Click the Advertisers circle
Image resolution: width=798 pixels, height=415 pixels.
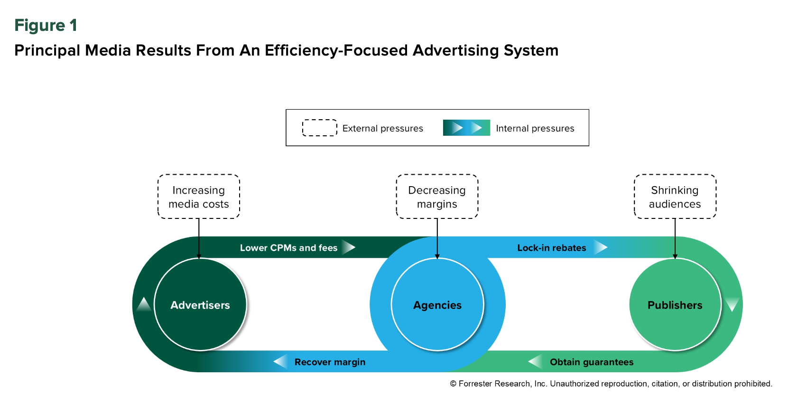[200, 304]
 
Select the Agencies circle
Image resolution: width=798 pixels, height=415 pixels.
[437, 304]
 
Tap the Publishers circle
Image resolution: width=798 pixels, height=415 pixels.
[675, 304]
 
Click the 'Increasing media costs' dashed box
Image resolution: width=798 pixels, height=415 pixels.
[199, 197]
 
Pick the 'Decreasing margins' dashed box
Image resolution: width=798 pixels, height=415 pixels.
[437, 197]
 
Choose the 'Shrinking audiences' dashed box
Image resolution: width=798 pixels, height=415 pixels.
[675, 197]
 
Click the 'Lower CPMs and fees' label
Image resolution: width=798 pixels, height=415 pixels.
[288, 248]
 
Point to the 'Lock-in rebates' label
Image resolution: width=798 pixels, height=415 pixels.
[551, 248]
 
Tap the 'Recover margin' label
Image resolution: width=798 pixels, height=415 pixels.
[330, 362]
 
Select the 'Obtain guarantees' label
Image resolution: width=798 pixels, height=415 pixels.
[592, 362]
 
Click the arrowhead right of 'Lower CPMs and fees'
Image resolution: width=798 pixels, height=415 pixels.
[349, 247]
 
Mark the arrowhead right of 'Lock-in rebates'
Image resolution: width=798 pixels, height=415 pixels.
[601, 247]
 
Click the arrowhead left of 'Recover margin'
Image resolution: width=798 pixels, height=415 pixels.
[281, 362]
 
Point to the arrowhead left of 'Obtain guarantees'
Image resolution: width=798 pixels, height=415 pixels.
[536, 362]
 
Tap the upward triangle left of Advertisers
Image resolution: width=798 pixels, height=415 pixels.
[144, 305]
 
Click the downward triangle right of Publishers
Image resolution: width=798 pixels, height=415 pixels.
[732, 304]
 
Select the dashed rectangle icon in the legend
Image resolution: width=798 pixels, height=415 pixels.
[320, 128]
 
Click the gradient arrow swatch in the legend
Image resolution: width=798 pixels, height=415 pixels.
[466, 128]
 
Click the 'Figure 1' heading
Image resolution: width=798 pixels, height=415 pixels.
[46, 25]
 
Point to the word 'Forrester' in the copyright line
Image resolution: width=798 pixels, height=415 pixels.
[477, 384]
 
